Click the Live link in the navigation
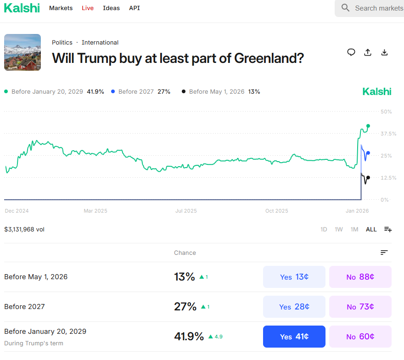88,8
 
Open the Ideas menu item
111,8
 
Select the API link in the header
135,8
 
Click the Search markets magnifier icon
346,8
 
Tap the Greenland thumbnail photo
22,52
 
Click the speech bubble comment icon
351,52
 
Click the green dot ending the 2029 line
368,126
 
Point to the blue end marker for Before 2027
368,153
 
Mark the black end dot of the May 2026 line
368,178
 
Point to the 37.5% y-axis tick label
388,134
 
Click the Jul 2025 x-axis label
186,211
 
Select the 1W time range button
339,229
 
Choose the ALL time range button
371,229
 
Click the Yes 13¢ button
294,277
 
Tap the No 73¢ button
360,307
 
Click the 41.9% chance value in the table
189,337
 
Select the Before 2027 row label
24,307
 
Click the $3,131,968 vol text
24,229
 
